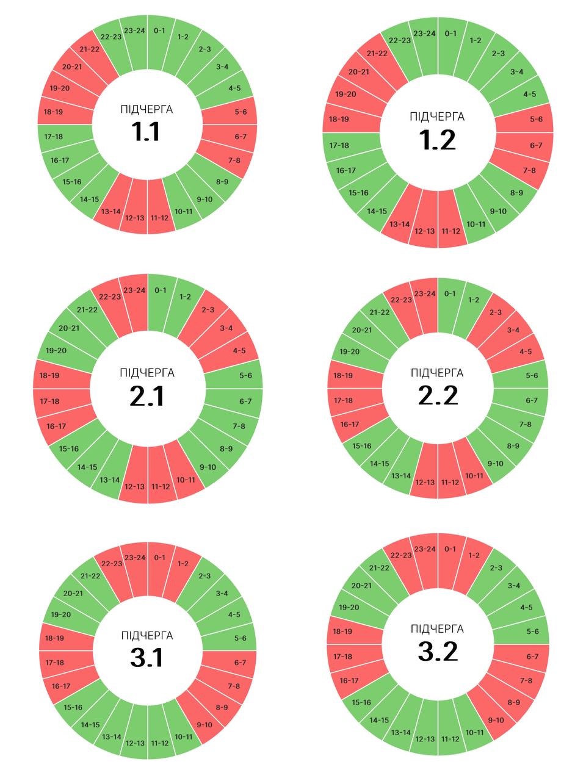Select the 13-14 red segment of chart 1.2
pos(399,224)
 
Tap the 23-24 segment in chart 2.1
pos(134,290)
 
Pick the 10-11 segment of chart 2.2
pos(474,476)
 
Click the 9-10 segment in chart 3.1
pos(204,725)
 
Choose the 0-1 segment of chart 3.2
pos(450,549)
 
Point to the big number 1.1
pos(146,132)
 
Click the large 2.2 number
pos(438,395)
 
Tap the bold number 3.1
pos(147,658)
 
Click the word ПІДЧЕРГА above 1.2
pos(437,117)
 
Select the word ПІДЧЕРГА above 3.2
pos(437,628)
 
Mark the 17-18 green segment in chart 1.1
pos(56,136)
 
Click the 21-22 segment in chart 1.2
pos(377,53)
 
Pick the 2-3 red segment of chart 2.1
pos(207,310)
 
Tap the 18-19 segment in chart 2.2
pos(344,375)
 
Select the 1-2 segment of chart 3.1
pos(183,564)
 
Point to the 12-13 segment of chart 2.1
pos(134,486)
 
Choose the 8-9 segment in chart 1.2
pos(516,193)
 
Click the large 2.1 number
pos(147,397)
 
